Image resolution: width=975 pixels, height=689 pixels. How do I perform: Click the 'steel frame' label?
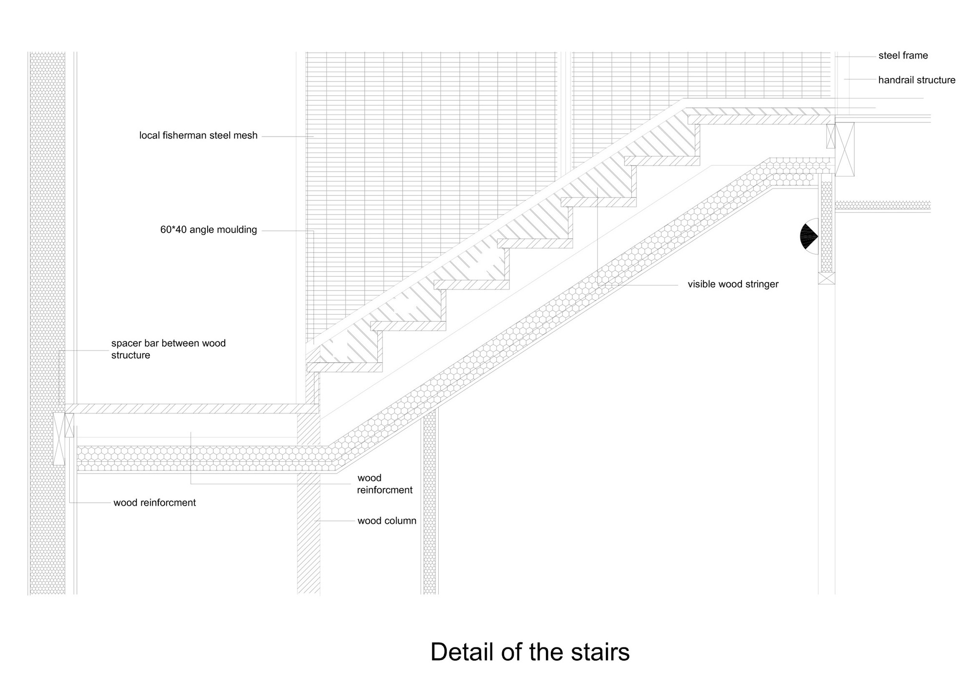903,56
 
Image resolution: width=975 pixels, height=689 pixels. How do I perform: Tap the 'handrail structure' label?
916,80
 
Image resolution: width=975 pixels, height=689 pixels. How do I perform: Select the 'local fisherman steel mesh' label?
198,136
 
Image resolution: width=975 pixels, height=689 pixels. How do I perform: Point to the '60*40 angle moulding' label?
208,230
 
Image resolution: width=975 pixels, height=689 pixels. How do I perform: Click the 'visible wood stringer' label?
733,284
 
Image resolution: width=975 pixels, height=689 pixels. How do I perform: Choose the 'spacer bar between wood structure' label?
168,349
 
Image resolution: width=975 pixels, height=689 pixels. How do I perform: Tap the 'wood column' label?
387,521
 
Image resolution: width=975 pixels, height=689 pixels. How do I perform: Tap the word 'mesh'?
246,136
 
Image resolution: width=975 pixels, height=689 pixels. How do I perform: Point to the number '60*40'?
173,230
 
